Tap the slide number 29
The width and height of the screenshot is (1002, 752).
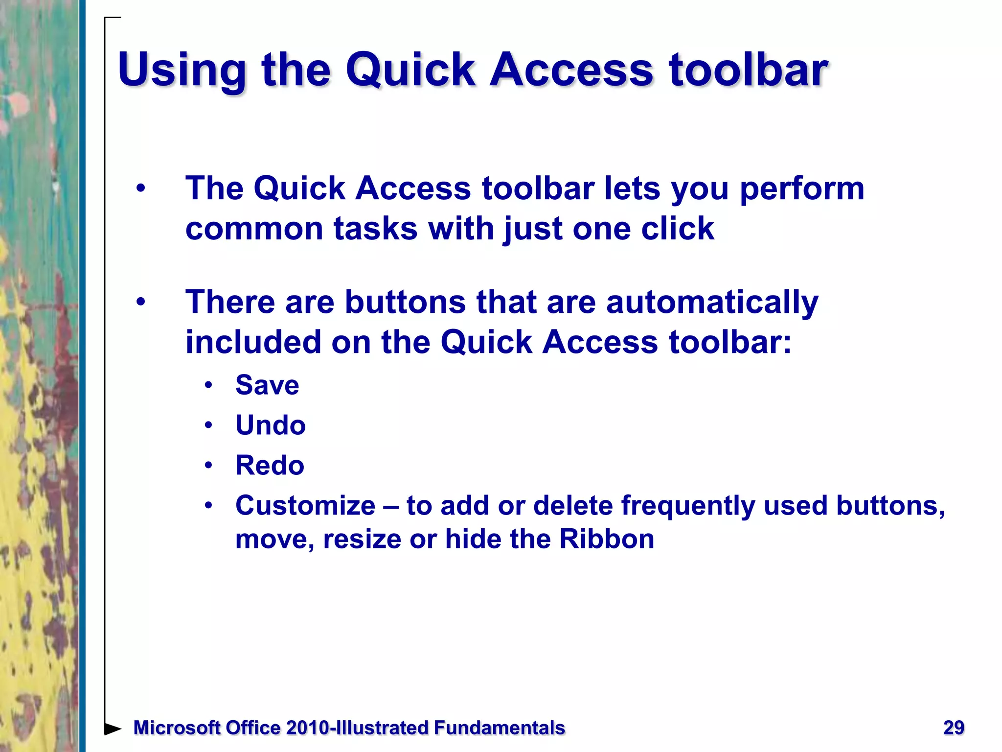click(x=954, y=728)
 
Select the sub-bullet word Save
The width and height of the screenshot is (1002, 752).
click(x=267, y=385)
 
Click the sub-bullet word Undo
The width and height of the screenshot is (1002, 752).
click(x=271, y=425)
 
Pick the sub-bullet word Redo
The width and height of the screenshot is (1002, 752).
click(x=270, y=465)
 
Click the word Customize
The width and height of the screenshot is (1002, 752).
click(x=305, y=506)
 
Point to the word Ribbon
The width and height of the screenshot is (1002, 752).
click(x=607, y=539)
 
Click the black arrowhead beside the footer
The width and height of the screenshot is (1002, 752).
click(x=113, y=728)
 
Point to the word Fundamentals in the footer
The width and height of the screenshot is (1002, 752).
click(x=499, y=728)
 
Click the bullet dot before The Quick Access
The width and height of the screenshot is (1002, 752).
click(x=141, y=188)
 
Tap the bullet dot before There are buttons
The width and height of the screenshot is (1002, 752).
click(x=141, y=302)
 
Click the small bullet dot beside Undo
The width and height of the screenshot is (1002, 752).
click(x=209, y=425)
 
